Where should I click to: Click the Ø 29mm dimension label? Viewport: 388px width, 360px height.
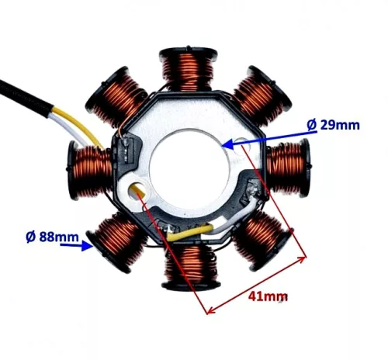333,125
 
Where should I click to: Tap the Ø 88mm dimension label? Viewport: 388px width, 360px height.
52,237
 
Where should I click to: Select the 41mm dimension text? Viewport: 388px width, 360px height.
268,296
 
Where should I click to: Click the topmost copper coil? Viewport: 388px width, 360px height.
188,68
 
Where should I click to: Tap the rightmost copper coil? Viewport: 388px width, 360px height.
288,168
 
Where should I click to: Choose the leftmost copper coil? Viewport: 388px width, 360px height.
89,171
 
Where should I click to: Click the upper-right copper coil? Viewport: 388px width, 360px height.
262,96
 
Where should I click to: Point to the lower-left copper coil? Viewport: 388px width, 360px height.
116,242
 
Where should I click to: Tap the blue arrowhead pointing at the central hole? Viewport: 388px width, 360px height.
227,144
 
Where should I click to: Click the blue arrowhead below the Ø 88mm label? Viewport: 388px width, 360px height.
87,245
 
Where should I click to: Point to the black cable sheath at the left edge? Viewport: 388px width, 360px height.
26,98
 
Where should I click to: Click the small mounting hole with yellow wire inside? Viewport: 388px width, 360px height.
137,190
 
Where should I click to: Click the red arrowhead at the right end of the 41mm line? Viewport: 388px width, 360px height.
302,259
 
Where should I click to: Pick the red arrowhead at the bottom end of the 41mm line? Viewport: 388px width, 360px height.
211,310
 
